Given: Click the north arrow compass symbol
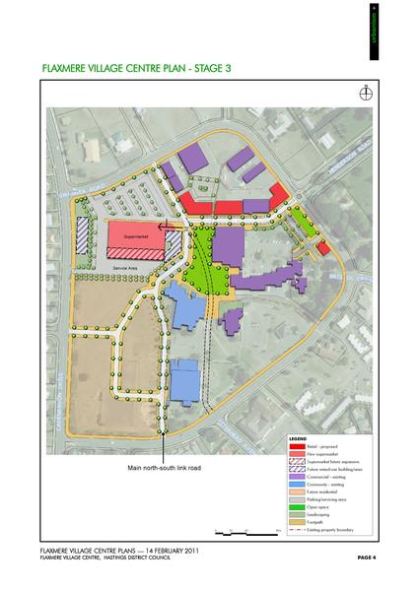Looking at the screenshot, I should [365, 94].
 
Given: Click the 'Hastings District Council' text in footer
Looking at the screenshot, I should [139, 558].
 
